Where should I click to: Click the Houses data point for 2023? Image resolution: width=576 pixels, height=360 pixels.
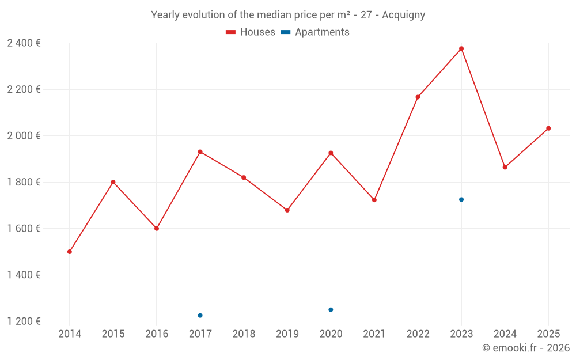coord(461,48)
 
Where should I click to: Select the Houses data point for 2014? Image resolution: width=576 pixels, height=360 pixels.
coord(70,252)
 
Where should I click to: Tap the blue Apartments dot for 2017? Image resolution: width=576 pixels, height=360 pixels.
coord(200,316)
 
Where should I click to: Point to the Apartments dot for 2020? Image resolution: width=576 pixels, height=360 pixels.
coord(331,310)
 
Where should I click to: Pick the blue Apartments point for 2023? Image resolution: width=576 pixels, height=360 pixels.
coord(461,199)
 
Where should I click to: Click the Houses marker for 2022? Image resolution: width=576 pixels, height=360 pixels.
coord(418,97)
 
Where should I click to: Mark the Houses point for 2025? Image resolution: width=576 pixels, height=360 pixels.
coord(548,128)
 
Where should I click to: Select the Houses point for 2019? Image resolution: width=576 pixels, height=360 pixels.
coord(287,210)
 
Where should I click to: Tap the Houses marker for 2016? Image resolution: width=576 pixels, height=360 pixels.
coord(157,229)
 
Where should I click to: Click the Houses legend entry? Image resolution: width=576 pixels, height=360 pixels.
coord(251,32)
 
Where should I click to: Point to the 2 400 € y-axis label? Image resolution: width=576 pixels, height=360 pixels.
coord(24,43)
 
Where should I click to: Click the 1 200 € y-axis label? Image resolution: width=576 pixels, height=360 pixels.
coord(24,321)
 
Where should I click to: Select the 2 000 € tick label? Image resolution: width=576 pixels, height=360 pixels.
coord(24,136)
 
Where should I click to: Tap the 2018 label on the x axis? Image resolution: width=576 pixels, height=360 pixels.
coord(244,334)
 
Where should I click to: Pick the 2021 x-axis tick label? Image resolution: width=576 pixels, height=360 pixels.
coord(374,334)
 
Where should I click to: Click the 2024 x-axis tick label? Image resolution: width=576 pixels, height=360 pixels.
coord(505,334)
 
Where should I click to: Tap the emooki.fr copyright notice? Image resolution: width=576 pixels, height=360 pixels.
coord(525,348)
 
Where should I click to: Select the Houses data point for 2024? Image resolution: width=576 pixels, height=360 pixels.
coord(505,168)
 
